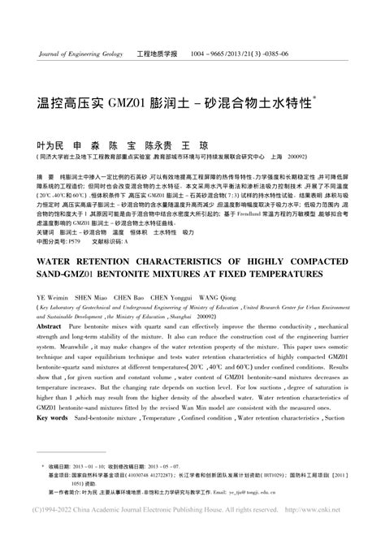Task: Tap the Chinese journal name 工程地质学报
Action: [158, 54]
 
